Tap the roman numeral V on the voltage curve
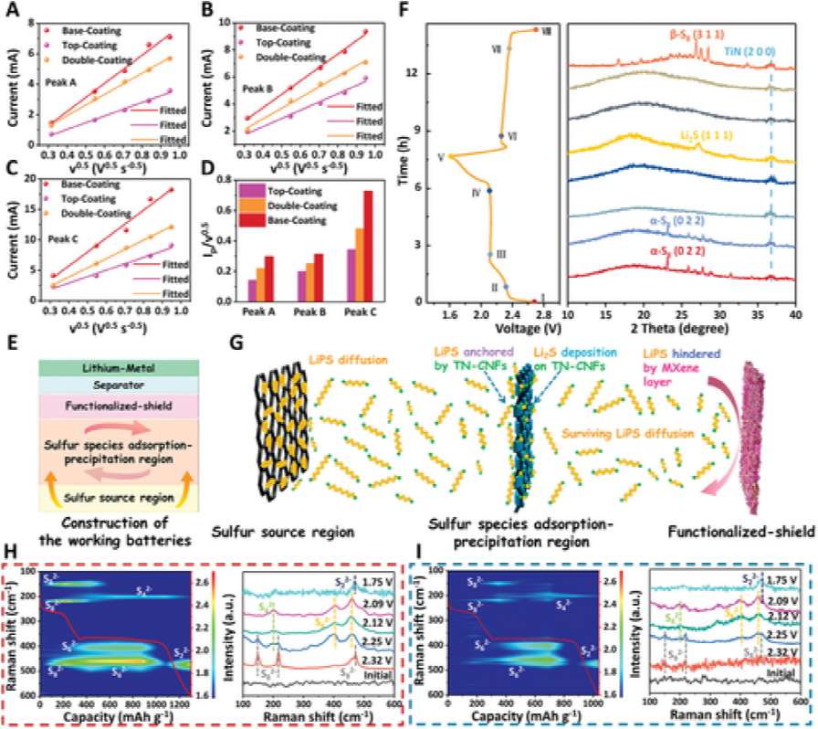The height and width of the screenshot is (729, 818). tap(441, 156)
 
